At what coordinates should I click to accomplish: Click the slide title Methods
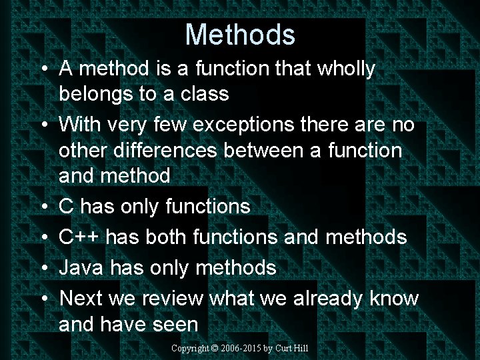[x=240, y=35]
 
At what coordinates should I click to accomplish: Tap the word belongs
[x=96, y=94]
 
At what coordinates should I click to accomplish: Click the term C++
[x=80, y=237]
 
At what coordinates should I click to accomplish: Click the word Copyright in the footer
[x=190, y=349]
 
